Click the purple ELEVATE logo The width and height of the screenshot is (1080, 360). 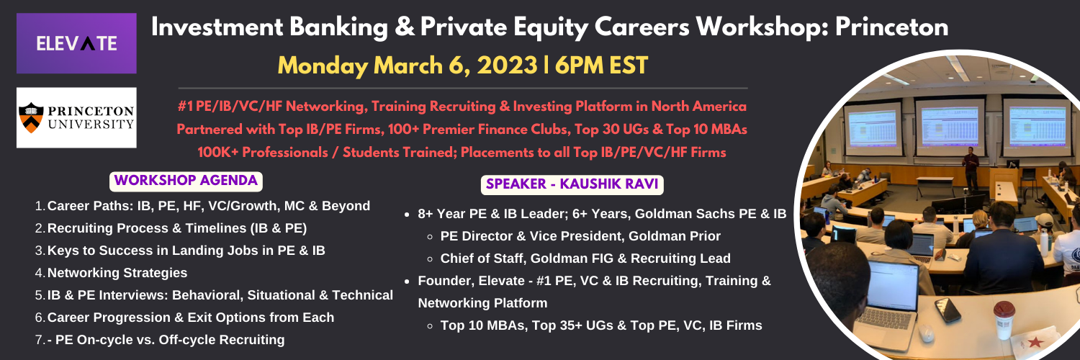coord(76,43)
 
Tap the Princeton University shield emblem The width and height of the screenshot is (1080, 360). coord(32,117)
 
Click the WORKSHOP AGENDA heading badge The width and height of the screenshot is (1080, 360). coord(186,181)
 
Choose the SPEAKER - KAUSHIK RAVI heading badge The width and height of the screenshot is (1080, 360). coord(572,184)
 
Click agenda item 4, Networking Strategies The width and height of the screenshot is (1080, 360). coord(117,273)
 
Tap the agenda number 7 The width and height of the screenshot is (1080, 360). coord(40,340)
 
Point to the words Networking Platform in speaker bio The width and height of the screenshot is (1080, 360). coord(482,303)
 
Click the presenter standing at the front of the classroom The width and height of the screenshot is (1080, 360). coord(971,168)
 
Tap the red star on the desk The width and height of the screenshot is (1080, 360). coord(1035,343)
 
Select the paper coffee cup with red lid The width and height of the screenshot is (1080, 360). coord(1004,320)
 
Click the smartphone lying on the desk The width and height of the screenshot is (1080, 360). coord(948,310)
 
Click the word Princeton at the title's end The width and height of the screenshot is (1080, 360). coord(892,27)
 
